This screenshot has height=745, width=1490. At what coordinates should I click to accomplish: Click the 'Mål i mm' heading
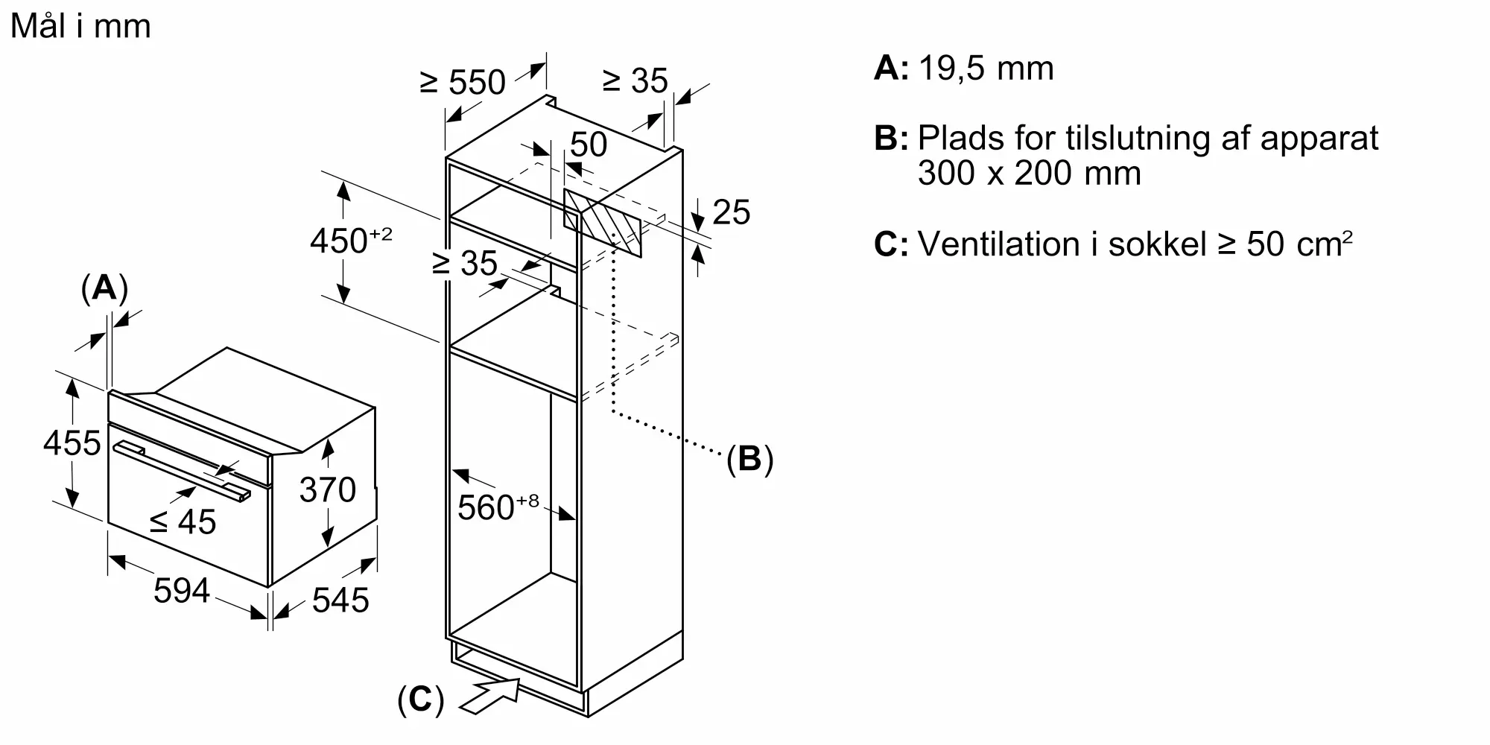(80, 27)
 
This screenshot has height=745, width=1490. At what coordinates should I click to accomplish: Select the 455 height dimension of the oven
(72, 443)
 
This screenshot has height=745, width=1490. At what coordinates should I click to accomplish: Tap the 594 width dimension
(181, 591)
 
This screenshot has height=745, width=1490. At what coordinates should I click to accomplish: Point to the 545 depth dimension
(340, 600)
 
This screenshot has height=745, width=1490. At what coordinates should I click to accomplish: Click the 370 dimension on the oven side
(327, 489)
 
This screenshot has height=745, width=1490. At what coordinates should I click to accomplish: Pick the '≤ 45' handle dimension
(183, 521)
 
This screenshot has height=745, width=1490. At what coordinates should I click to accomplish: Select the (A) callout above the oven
(104, 288)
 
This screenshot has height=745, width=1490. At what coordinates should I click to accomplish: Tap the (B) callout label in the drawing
(749, 459)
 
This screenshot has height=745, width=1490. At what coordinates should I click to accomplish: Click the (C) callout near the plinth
(420, 700)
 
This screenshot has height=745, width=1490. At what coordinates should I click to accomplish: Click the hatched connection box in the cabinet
(603, 222)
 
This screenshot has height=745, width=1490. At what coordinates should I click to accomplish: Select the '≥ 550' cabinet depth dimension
(463, 82)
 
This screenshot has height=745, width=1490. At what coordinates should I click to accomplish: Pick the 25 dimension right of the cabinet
(731, 212)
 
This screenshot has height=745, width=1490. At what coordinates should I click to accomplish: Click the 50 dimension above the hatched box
(589, 145)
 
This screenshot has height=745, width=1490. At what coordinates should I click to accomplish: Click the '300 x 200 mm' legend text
(1029, 174)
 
